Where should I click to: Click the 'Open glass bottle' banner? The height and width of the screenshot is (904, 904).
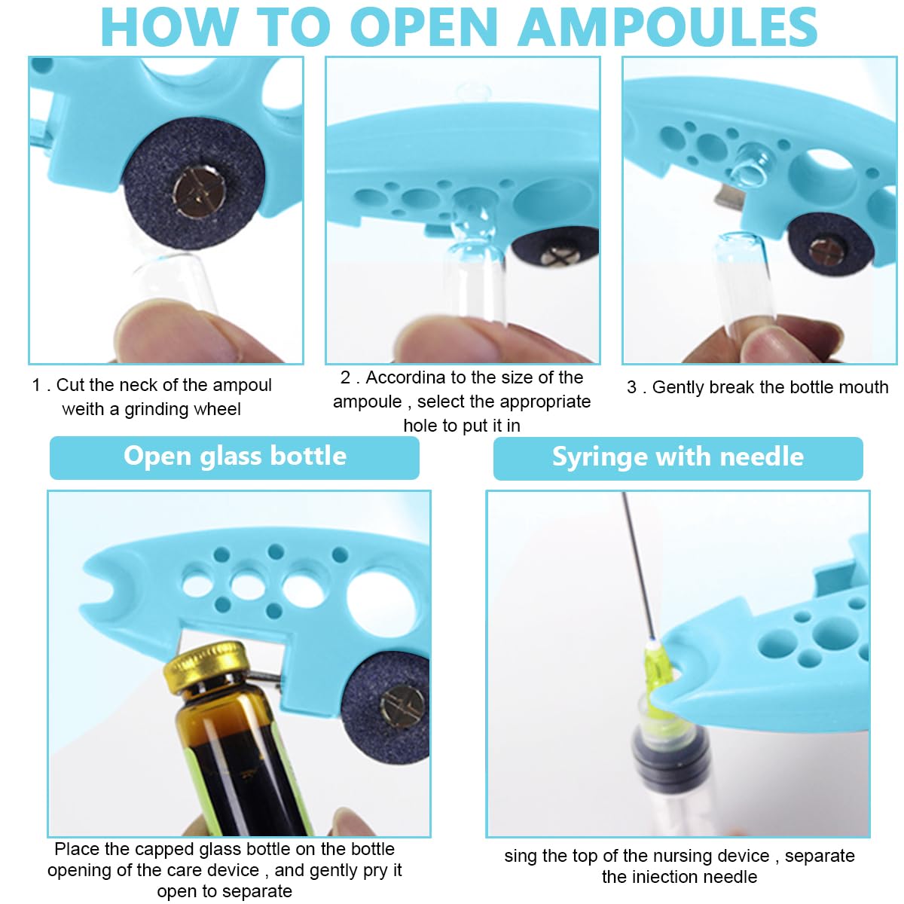tap(234, 457)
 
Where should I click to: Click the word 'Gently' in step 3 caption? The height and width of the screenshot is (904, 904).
tap(678, 387)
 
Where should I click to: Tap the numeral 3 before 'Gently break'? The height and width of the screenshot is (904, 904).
tap(631, 387)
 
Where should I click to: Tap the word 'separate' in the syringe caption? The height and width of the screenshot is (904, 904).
tap(820, 856)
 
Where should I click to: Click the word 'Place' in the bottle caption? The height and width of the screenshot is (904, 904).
tap(77, 849)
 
